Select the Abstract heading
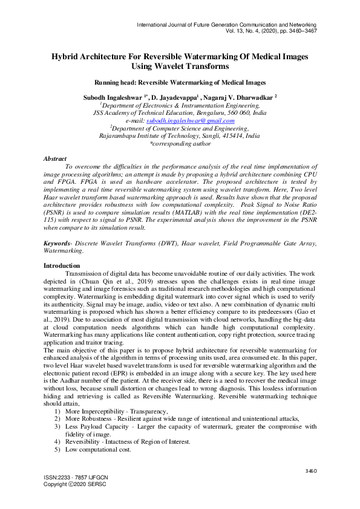[55, 158]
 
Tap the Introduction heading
[62, 266]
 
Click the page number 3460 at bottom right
[311, 470]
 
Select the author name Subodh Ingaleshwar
[115, 97]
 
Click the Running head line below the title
[180, 82]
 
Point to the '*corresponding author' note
[180, 144]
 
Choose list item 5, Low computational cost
[101, 449]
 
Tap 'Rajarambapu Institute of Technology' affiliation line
[180, 136]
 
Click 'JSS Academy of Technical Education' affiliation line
[180, 112]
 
